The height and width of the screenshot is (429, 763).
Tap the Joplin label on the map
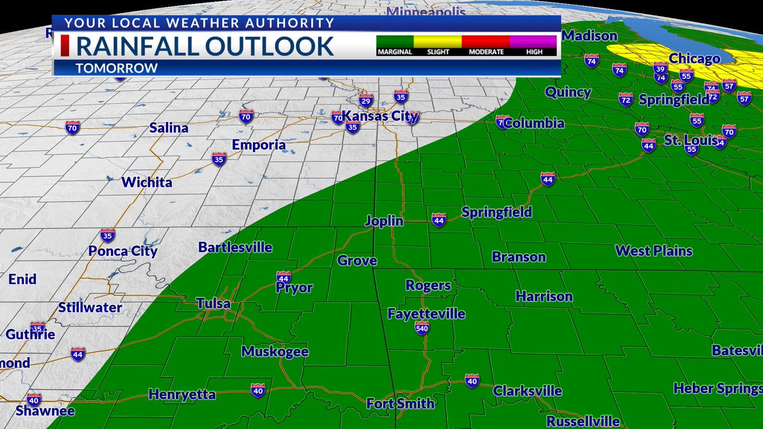384,221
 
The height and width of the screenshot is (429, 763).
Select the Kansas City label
380,116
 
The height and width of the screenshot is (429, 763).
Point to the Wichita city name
147,182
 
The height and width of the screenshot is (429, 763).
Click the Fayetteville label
427,314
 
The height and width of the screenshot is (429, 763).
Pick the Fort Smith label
401,404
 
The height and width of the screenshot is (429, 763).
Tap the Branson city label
519,257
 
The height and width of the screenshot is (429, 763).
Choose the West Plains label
654,251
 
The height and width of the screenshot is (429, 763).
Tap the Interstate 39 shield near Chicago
661,69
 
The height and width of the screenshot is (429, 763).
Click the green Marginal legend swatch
395,42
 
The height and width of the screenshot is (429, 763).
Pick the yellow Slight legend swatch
437,42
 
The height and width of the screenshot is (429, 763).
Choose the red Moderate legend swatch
486,42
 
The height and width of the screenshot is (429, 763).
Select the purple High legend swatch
534,42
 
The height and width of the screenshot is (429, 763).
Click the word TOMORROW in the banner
116,68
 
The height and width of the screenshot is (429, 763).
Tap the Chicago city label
694,58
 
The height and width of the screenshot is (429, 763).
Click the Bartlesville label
235,247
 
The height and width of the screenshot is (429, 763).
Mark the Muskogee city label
275,351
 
